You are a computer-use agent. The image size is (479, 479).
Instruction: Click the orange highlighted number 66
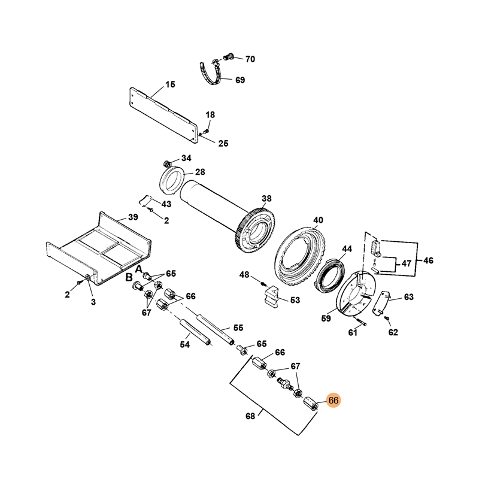[x=334, y=401]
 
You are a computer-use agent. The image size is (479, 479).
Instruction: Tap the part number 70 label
[x=250, y=59]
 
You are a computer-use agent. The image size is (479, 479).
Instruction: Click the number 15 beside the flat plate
[x=170, y=85]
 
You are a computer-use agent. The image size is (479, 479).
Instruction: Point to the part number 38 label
[x=266, y=198]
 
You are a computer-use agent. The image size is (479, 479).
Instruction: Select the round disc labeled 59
[x=353, y=296]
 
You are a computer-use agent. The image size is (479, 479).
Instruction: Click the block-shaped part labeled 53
[x=271, y=295]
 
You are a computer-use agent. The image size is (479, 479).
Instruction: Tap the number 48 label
[x=244, y=275]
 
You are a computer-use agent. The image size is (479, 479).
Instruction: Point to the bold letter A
[x=137, y=269]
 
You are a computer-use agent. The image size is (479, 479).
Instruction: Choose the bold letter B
[x=128, y=278]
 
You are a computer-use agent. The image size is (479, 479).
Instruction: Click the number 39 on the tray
[x=133, y=217]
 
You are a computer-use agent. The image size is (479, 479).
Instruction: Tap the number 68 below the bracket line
[x=250, y=416]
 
